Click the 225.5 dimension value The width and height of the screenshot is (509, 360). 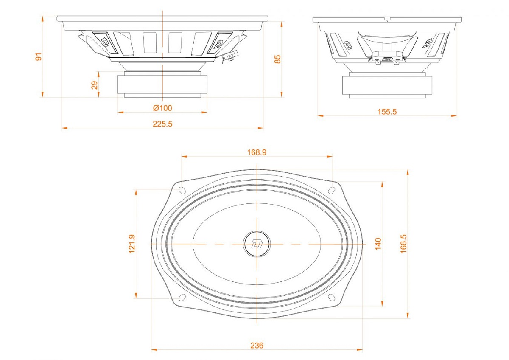[162, 124]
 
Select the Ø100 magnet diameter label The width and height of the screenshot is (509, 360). [162, 108]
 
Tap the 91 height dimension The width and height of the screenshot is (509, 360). [39, 56]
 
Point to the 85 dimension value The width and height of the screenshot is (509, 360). [277, 59]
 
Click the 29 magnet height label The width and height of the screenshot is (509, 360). [94, 85]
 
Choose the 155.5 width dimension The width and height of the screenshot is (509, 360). [387, 112]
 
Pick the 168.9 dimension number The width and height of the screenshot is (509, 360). [257, 152]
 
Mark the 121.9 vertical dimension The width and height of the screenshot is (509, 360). [132, 244]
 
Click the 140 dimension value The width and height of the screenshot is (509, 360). [378, 244]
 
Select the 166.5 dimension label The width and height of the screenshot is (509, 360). [403, 244]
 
